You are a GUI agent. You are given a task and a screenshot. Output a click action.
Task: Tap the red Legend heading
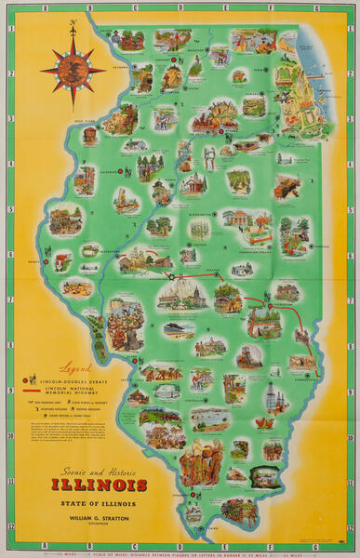(x=73, y=366)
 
